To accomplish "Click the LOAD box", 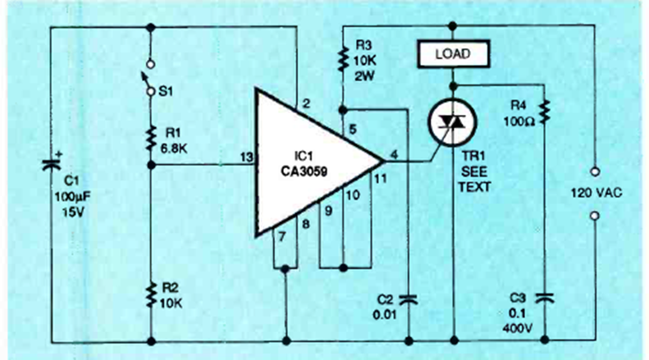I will (x=454, y=55).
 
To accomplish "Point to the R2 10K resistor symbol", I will (x=151, y=293).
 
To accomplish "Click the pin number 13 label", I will (x=245, y=156).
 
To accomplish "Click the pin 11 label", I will (x=379, y=178).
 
